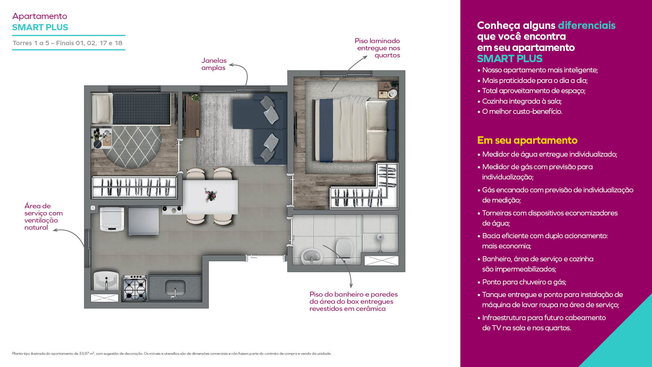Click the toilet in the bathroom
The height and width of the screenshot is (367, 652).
(344, 251)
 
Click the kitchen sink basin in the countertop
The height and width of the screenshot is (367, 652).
(175, 288)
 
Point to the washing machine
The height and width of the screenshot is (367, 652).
(112, 220)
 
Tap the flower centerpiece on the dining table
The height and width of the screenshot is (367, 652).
(211, 195)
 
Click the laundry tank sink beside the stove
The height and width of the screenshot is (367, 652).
(106, 281)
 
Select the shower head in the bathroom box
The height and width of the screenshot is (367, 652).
(380, 238)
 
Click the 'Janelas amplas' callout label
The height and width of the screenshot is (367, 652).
(214, 64)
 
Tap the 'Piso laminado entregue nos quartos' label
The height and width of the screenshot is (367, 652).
(378, 48)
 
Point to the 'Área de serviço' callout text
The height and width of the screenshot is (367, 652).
(43, 216)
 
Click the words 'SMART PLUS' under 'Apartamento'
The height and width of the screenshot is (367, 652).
(40, 27)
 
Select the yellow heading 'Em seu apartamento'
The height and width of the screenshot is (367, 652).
(527, 140)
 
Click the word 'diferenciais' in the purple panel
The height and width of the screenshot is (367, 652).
(586, 25)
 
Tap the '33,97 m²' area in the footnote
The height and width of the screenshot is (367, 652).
(87, 354)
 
